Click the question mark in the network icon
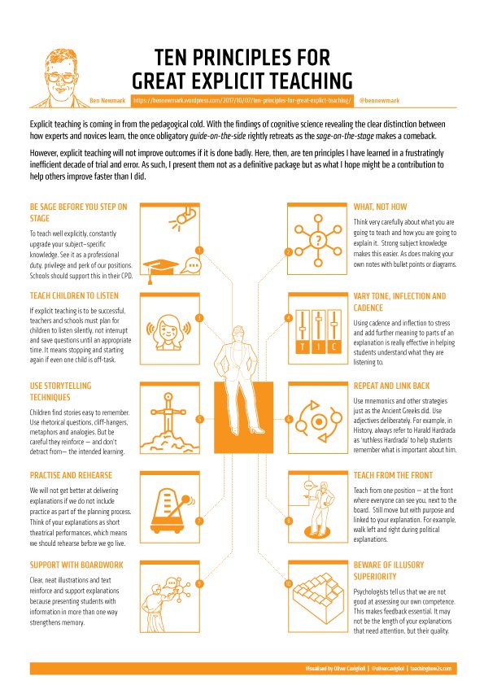(318, 238)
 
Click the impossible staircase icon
(317, 597)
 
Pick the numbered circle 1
(198, 249)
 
